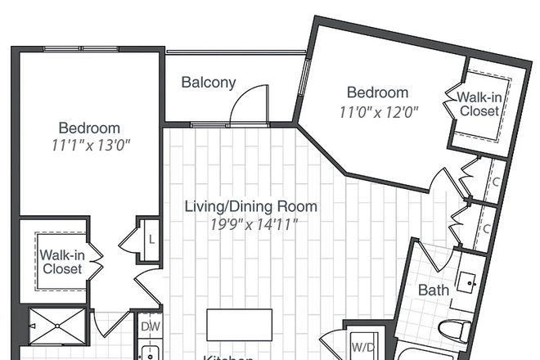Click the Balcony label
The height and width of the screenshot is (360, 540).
[x=209, y=82]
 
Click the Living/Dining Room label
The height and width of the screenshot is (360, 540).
[x=250, y=206]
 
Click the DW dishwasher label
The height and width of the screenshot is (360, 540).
[x=150, y=326]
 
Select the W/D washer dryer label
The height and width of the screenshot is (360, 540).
[x=362, y=346]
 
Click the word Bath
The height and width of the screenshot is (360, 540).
[x=434, y=290]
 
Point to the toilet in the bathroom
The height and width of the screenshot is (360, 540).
[x=453, y=331]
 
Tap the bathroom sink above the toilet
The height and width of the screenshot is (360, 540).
[x=467, y=282]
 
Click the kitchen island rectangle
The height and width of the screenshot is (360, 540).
[x=239, y=325]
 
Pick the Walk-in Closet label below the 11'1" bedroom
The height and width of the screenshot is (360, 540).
[x=62, y=262]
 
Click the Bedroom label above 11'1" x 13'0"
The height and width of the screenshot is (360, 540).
[x=89, y=128]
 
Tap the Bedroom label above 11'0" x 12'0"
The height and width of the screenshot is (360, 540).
[x=377, y=92]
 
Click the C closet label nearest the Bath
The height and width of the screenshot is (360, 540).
[x=486, y=228]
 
